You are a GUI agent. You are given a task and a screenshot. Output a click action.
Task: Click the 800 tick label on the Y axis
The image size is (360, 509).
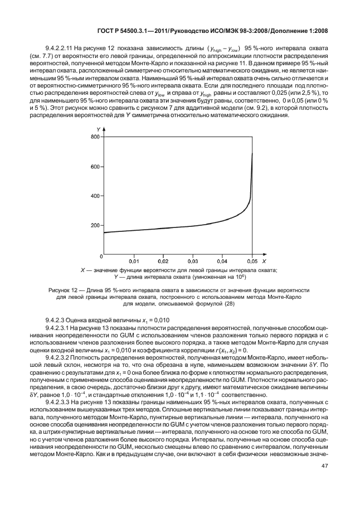tap(95, 137)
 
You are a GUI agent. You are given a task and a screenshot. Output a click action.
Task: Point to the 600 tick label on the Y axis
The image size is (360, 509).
tap(95, 167)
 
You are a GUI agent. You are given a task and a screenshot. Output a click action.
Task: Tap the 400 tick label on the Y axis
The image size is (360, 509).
tap(95, 196)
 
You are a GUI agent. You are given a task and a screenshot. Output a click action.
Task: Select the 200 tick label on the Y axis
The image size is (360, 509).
tap(95, 226)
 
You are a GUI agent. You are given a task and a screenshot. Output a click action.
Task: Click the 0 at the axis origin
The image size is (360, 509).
tap(100, 256)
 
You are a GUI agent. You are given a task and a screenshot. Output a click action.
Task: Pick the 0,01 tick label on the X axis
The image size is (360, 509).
tap(134, 261)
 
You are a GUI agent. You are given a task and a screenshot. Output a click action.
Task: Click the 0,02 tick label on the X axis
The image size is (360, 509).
tap(163, 261)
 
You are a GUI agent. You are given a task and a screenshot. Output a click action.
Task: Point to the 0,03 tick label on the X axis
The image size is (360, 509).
tap(193, 261)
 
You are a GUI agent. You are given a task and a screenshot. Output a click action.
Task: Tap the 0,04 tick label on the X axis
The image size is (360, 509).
tap(222, 261)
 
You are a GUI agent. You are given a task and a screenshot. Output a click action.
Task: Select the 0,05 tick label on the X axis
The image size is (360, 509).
tap(252, 261)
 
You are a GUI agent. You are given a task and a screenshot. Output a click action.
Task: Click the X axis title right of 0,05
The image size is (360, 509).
tap(264, 261)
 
